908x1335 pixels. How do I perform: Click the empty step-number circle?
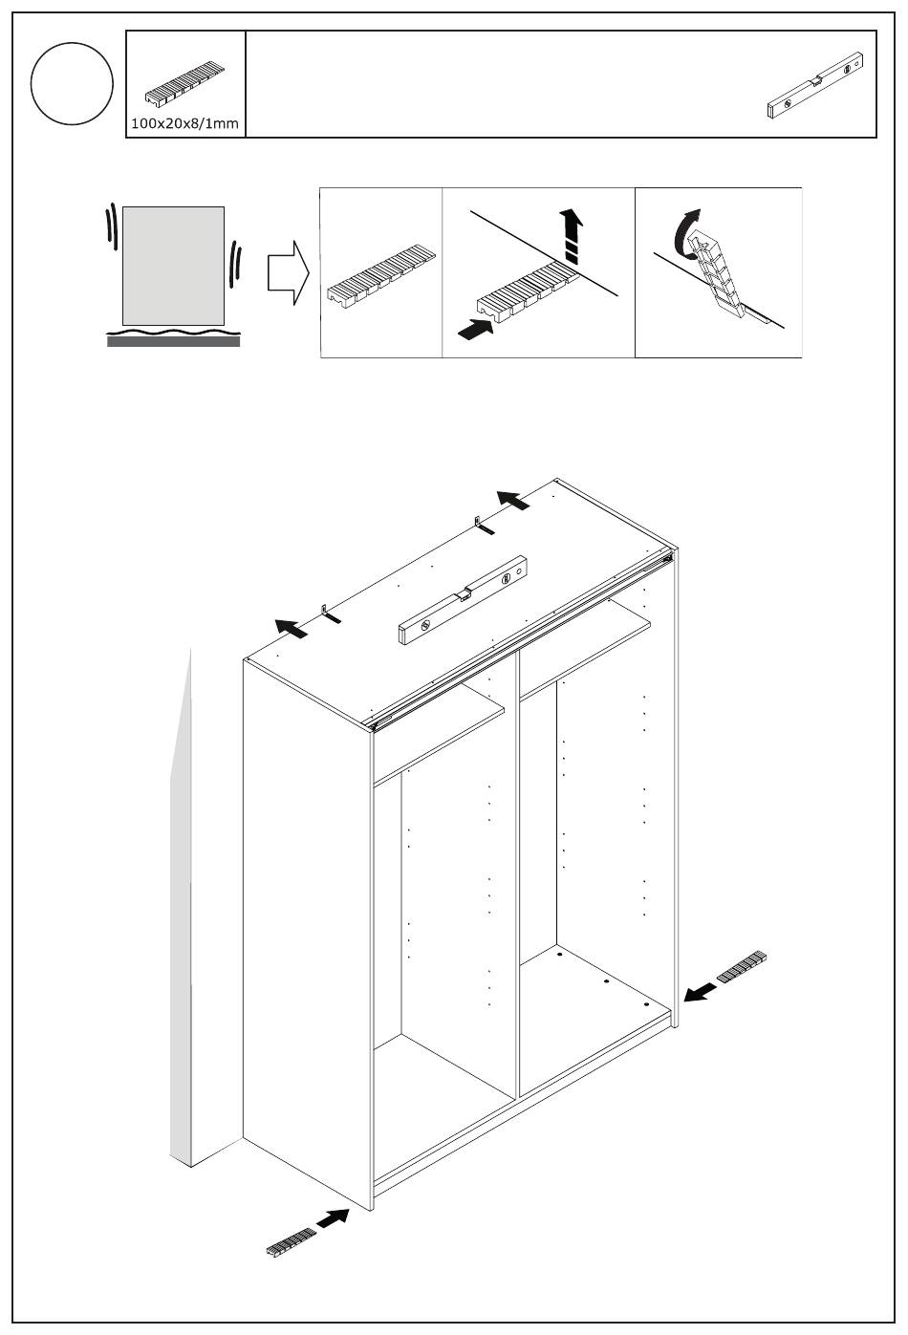point(72,84)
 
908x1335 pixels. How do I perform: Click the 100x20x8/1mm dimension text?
point(185,124)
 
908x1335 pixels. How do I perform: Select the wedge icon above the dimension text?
point(184,87)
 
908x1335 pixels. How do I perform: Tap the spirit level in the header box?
point(821,86)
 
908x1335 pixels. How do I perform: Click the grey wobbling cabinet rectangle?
point(173,265)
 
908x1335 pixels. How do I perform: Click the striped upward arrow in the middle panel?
point(572,237)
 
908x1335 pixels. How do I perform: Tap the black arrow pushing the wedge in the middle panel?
point(477,330)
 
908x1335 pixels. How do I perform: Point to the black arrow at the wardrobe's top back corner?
point(512,500)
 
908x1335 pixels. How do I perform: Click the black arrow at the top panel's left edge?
point(292,628)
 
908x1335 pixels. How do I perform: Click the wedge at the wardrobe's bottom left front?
point(291,1241)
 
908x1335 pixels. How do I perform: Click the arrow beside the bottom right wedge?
point(701,991)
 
